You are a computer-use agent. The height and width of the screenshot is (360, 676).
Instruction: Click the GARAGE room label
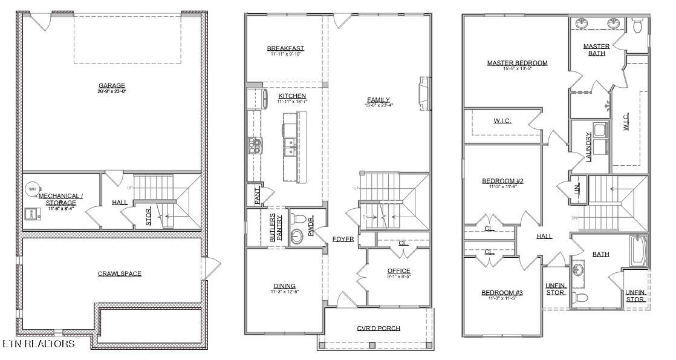(112, 85)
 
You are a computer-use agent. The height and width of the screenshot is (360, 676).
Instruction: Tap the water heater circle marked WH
(31, 189)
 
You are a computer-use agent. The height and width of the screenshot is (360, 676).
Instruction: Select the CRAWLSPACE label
(120, 273)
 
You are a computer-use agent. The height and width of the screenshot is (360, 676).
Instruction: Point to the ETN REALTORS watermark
(39, 344)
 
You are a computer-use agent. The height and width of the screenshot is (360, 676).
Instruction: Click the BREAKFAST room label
(285, 48)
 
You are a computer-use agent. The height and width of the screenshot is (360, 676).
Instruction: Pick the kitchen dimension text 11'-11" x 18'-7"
(292, 102)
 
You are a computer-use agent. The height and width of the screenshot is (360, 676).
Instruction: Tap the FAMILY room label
(379, 100)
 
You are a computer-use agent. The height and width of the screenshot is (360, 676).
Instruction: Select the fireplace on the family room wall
(425, 93)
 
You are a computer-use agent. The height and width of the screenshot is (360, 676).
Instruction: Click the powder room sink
(297, 235)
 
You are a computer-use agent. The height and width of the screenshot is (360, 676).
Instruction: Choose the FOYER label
(343, 239)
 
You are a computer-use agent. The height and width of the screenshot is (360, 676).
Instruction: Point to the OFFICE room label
(398, 271)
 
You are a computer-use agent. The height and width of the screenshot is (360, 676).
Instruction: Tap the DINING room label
(284, 286)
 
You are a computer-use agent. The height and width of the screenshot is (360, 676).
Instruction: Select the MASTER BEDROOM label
(517, 63)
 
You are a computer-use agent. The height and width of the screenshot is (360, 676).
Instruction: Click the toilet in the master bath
(637, 25)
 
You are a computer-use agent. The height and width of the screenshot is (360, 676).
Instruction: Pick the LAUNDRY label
(588, 147)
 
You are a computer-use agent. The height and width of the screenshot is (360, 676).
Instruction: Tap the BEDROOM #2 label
(502, 181)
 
